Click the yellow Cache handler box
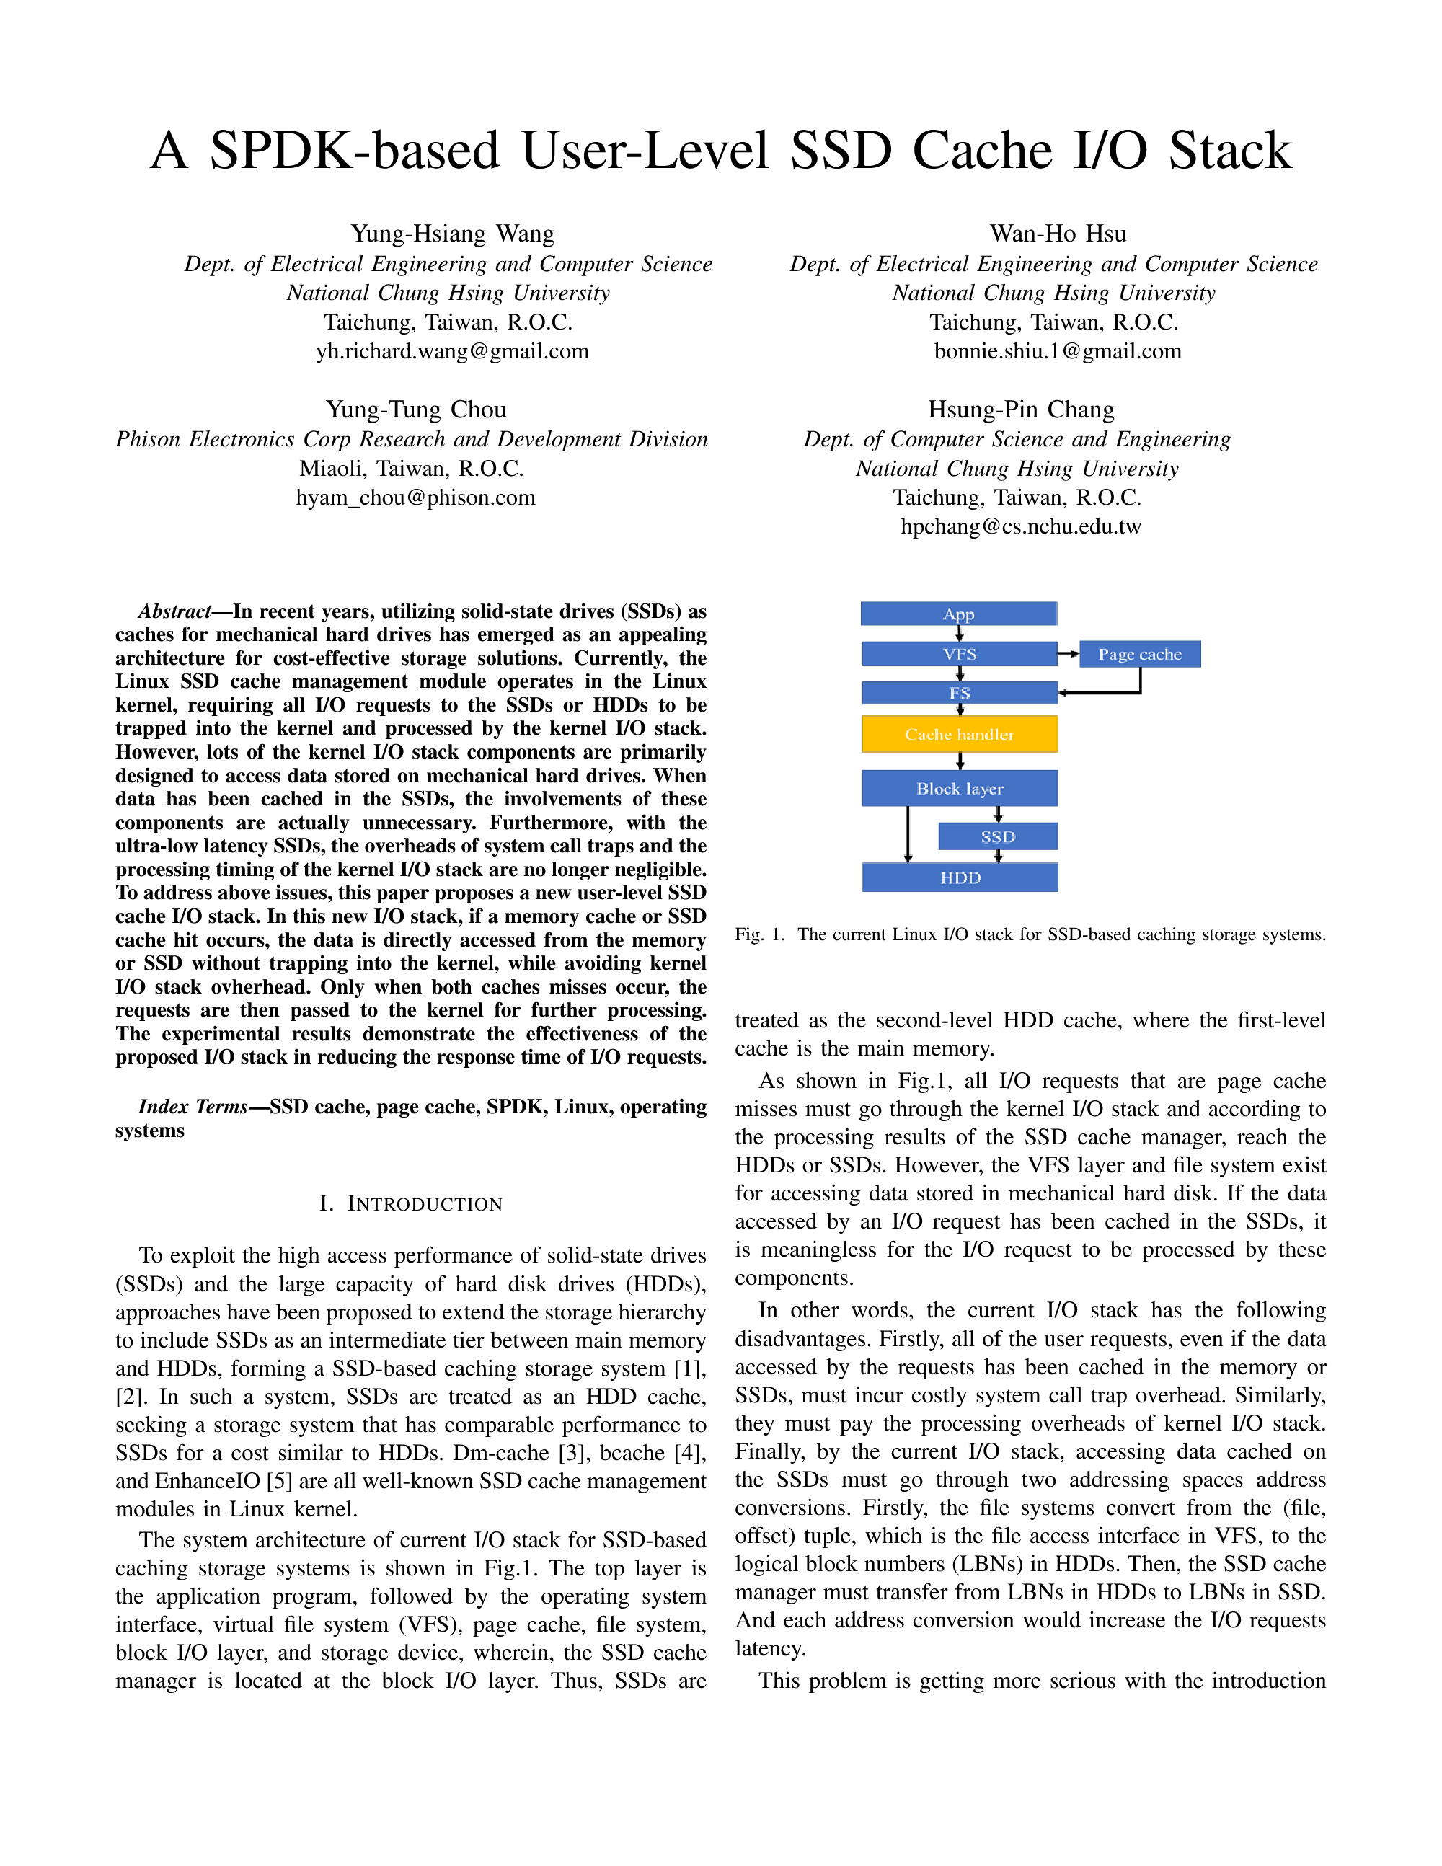[x=960, y=734]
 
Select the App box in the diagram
[x=958, y=614]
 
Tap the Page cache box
[x=1140, y=654]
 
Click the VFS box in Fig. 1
[x=960, y=654]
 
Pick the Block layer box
[x=960, y=788]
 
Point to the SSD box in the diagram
[x=997, y=836]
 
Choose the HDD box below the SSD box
[x=960, y=877]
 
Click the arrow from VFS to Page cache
[x=1069, y=654]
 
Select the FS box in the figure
[x=960, y=693]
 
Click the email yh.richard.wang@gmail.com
[x=452, y=351]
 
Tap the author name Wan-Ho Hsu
[x=1058, y=234]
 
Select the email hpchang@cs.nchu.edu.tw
[x=1020, y=526]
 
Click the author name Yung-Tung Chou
[x=415, y=410]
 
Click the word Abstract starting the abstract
[x=174, y=611]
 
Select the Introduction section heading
[x=411, y=1204]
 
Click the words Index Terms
[x=193, y=1107]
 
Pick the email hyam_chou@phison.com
[x=415, y=498]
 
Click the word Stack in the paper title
[x=1230, y=151]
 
